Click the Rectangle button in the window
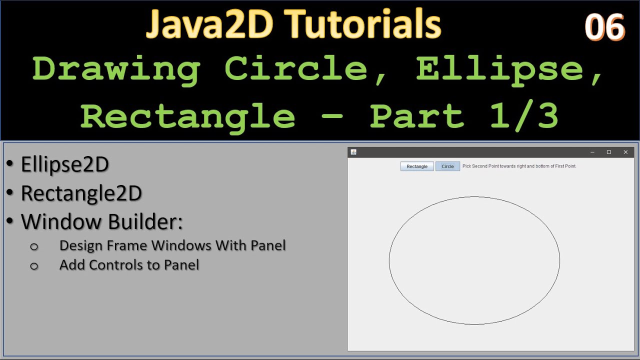click(x=416, y=166)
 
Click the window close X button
click(x=625, y=152)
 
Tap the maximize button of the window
click(x=608, y=152)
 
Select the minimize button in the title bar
click(x=592, y=152)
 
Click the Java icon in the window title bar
click(x=353, y=152)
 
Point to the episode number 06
click(x=604, y=27)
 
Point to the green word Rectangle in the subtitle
click(x=187, y=116)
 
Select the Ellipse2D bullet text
click(x=65, y=164)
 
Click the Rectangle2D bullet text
click(x=81, y=193)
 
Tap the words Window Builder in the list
click(x=101, y=222)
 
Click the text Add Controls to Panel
click(x=129, y=265)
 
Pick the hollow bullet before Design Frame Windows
click(x=34, y=246)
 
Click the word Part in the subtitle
click(x=417, y=116)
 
